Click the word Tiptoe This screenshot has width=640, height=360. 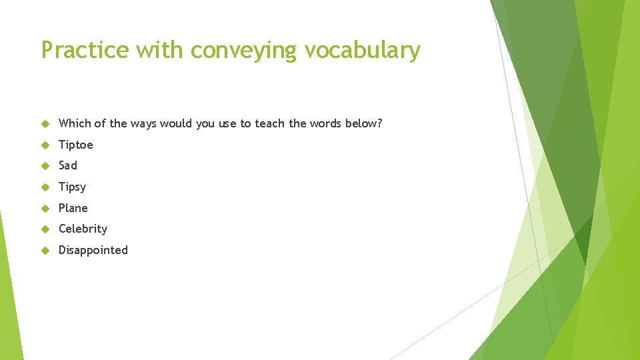tap(76, 145)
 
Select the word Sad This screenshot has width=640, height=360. tap(68, 165)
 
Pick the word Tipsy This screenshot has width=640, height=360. tap(72, 187)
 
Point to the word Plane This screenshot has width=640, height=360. tap(73, 208)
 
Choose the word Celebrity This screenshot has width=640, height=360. tap(83, 229)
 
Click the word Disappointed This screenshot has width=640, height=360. tap(93, 250)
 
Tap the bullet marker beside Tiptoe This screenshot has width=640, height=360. tap(45, 145)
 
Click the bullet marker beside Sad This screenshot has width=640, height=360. tap(45, 165)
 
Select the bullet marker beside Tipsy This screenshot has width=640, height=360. tap(45, 187)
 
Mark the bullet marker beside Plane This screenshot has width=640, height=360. tap(45, 208)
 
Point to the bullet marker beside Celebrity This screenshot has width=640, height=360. tap(45, 229)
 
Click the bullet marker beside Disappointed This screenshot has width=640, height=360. tap(45, 250)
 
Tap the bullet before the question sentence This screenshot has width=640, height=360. tap(45, 123)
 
